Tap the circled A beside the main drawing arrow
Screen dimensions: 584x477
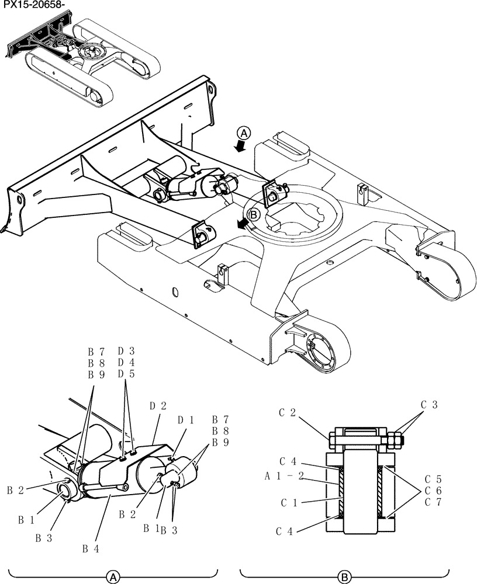point(244,133)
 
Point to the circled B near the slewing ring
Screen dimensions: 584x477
point(254,215)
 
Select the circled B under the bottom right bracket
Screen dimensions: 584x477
point(345,577)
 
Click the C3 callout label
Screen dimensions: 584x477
point(429,404)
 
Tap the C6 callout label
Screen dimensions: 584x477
point(434,489)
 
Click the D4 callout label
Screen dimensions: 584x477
point(126,363)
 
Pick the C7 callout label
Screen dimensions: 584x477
point(434,502)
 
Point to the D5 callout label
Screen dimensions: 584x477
point(126,374)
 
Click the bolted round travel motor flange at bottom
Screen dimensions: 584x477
point(321,353)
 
